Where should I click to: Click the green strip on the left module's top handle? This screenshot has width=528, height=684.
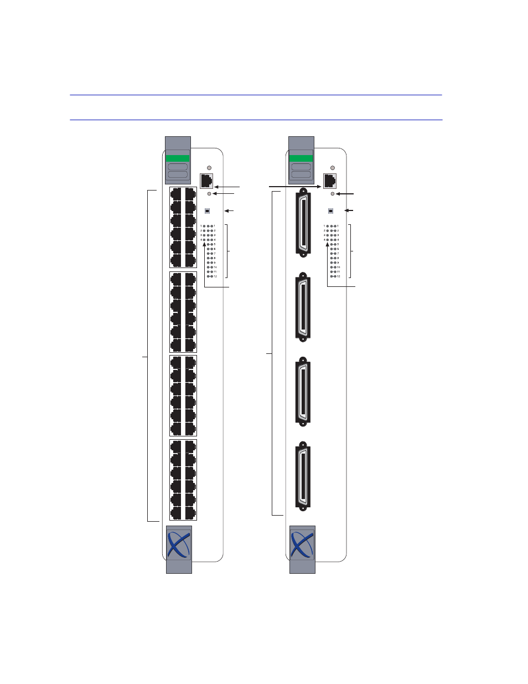tap(178, 158)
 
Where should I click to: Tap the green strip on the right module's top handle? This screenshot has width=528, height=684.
tap(301, 158)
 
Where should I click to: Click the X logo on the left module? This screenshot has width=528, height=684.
tap(179, 544)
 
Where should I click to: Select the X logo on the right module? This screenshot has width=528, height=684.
tap(302, 544)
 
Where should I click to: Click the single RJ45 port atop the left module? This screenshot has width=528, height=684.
tap(207, 181)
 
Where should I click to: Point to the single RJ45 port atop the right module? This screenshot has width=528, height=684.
tap(330, 181)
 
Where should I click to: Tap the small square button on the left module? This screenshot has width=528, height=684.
tap(208, 211)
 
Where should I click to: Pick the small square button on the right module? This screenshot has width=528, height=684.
tap(331, 211)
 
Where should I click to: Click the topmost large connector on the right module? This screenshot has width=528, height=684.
tap(303, 223)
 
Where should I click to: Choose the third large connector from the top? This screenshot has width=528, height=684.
tap(303, 390)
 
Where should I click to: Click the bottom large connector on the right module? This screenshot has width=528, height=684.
tap(303, 475)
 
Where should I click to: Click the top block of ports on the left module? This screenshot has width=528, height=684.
tap(183, 228)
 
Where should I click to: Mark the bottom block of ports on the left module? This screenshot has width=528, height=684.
tap(183, 480)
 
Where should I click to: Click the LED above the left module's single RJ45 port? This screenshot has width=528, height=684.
tap(209, 167)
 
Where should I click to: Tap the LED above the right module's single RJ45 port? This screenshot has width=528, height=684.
tap(332, 167)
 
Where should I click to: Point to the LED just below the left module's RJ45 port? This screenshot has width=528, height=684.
tap(209, 194)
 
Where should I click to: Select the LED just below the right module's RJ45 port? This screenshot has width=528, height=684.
tap(332, 194)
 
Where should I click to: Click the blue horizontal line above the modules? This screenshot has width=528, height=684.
tap(256, 120)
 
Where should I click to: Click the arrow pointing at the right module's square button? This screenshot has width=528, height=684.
tap(349, 211)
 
